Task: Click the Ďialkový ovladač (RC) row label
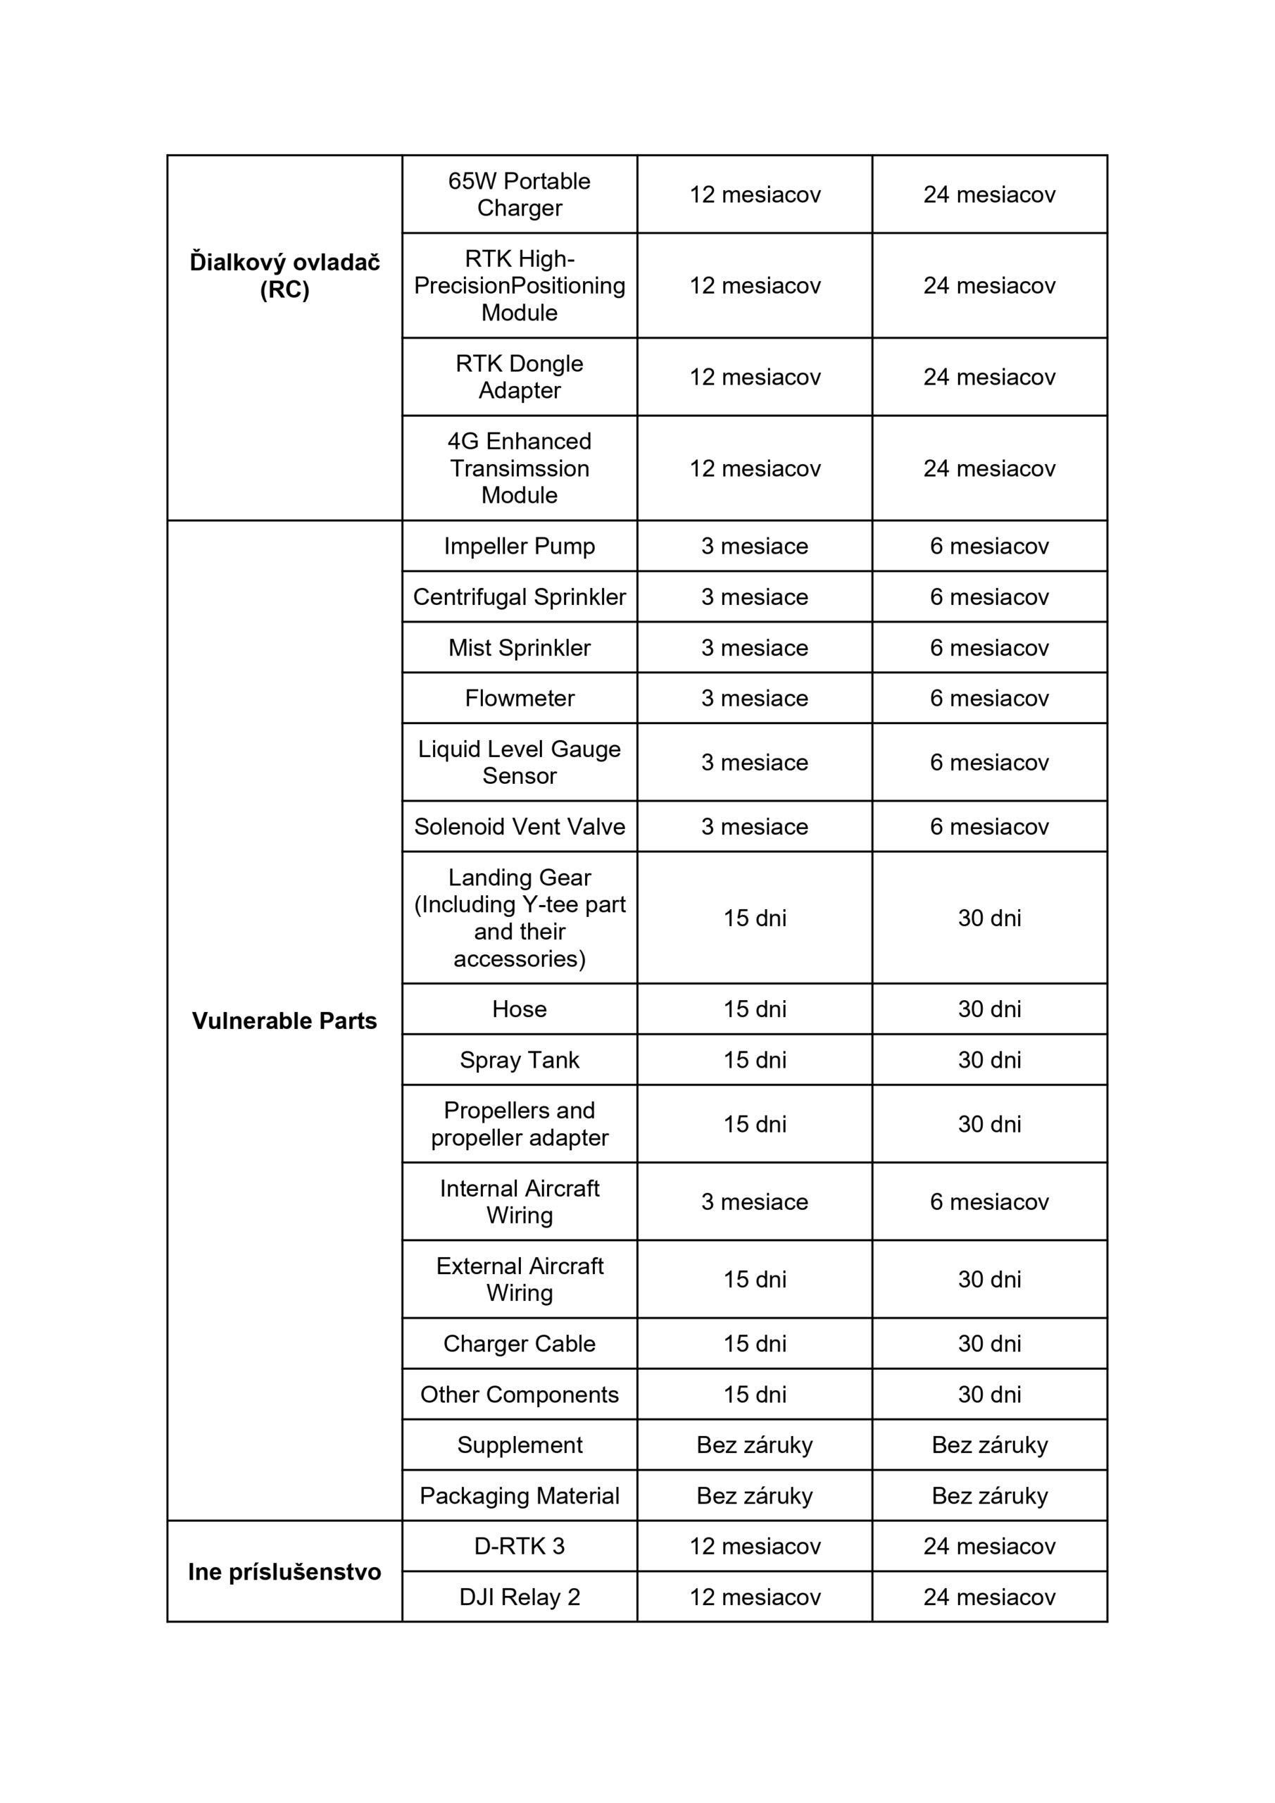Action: tap(284, 275)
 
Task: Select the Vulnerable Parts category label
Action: tap(284, 1021)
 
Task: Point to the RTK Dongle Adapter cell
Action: tap(519, 377)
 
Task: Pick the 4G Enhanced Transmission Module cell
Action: tap(519, 468)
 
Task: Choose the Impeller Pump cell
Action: tap(519, 546)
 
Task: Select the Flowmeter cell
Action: tap(519, 698)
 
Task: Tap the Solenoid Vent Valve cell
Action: tap(519, 826)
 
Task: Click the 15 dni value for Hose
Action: tap(755, 1009)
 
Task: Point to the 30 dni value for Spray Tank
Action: tap(989, 1060)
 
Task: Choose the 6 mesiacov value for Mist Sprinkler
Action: tap(989, 648)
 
